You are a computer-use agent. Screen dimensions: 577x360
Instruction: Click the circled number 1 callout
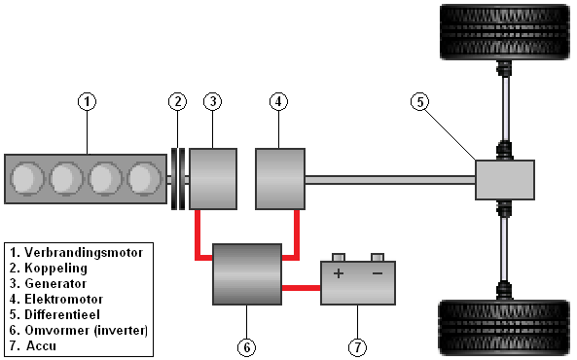click(x=88, y=101)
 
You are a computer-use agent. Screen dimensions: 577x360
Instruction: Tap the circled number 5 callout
click(x=420, y=101)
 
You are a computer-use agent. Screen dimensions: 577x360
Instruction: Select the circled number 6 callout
click(x=246, y=347)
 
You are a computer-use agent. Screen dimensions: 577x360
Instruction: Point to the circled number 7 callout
click(x=357, y=347)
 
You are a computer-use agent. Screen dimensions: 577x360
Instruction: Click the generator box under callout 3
click(x=213, y=179)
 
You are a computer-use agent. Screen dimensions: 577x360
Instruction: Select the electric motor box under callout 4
click(x=280, y=179)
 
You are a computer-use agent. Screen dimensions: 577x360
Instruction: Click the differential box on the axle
click(x=505, y=180)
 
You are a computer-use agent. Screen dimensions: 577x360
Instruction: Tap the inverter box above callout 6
click(x=247, y=274)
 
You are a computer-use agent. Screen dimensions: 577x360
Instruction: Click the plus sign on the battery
click(x=339, y=273)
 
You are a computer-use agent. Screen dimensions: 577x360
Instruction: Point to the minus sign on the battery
click(x=378, y=273)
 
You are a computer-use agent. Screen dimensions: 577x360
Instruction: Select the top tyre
click(x=505, y=32)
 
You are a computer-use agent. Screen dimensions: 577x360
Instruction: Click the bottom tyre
click(x=505, y=328)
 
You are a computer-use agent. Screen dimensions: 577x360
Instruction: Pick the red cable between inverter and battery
click(x=302, y=288)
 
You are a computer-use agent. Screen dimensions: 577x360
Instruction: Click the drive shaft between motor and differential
click(x=390, y=180)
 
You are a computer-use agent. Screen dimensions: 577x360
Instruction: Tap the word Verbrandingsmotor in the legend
click(x=84, y=253)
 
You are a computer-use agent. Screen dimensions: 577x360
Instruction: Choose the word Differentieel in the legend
click(x=62, y=314)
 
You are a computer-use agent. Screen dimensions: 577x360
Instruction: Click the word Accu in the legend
click(x=41, y=345)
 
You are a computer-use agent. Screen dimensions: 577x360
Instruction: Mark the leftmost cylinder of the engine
click(x=27, y=178)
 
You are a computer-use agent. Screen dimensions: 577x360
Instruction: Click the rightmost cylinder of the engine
click(x=144, y=178)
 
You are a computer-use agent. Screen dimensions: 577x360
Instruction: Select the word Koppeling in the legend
click(x=55, y=269)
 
